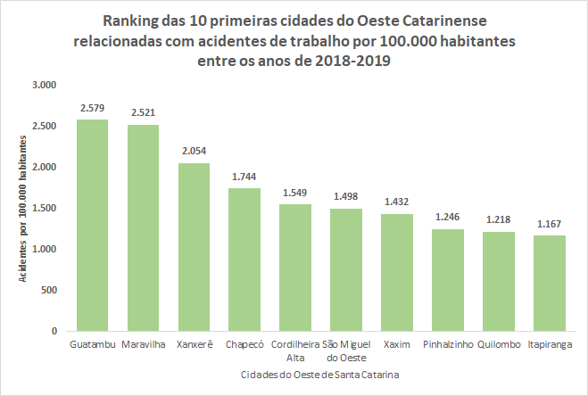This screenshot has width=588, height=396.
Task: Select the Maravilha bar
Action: (x=143, y=228)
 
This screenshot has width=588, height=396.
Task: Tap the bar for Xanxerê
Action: (x=194, y=247)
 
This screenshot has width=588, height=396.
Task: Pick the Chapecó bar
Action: (x=244, y=260)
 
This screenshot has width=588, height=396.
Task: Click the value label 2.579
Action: (x=92, y=109)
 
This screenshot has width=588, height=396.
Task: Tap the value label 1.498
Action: (x=345, y=197)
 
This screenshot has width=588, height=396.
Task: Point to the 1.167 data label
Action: (x=549, y=225)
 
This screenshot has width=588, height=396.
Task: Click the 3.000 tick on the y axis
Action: (x=43, y=85)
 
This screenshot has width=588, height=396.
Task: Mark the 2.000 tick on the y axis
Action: (x=43, y=167)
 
